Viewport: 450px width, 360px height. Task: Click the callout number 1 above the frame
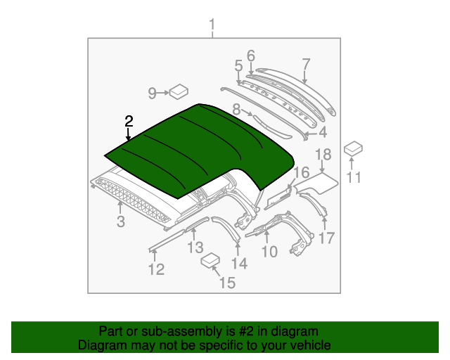[212, 25]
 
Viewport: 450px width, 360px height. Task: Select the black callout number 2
[129, 121]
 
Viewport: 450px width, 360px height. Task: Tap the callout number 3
[120, 221]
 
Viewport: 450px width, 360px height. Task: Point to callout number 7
[306, 64]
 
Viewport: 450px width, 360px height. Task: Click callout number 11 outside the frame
[354, 177]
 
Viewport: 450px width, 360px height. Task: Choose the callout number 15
[227, 283]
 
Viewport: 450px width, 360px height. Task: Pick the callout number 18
[323, 154]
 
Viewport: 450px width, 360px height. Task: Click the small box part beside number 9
[179, 91]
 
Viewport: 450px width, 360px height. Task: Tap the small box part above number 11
[353, 148]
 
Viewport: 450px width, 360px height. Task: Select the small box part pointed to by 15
[210, 261]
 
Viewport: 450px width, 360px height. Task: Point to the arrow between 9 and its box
[163, 93]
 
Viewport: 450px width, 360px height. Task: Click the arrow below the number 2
[128, 134]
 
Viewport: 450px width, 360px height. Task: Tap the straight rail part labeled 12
[167, 240]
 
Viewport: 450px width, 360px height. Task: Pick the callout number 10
[269, 252]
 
